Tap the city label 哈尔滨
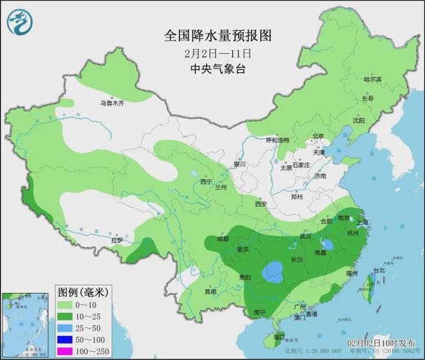point(373,79)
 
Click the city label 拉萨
point(117,240)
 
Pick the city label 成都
point(222,239)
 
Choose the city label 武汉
point(305,236)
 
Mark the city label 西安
point(260,204)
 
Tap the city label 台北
point(379,270)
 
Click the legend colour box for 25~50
point(65,328)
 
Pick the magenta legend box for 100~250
point(65,352)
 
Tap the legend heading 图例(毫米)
point(82,292)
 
